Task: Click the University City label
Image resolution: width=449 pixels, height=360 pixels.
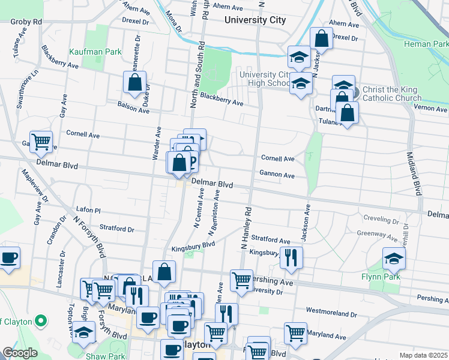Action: click(255, 20)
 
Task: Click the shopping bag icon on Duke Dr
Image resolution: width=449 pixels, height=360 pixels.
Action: click(134, 82)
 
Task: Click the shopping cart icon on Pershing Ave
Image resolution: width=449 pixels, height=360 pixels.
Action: click(241, 280)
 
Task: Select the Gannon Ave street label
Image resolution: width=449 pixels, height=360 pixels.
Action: click(277, 175)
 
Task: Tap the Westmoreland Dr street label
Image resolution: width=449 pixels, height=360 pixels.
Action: click(331, 313)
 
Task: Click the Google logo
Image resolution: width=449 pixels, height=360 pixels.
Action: click(20, 353)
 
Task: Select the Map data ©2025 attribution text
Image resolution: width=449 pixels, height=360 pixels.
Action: click(423, 355)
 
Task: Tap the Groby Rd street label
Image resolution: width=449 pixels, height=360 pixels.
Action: click(26, 21)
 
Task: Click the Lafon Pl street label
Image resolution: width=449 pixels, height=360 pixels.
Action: click(88, 210)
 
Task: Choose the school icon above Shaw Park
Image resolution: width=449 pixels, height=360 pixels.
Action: click(83, 331)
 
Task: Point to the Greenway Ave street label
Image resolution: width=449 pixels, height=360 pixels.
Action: click(379, 234)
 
